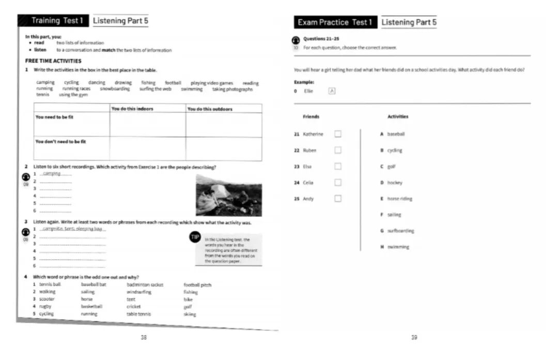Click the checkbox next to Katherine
tap(338, 134)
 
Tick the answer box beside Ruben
tap(338, 151)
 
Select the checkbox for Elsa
tap(338, 167)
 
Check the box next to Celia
tap(338, 183)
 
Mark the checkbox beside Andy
tap(338, 199)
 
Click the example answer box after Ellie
tap(332, 91)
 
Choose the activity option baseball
tap(396, 134)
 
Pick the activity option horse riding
tap(399, 199)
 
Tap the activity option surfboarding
tap(400, 231)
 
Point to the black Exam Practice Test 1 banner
tap(335, 22)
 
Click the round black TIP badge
tap(195, 237)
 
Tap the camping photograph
tap(228, 195)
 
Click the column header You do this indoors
tap(133, 109)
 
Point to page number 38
tap(144, 337)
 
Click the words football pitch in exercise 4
tap(197, 284)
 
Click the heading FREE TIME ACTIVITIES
tap(53, 61)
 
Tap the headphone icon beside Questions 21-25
tap(296, 39)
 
